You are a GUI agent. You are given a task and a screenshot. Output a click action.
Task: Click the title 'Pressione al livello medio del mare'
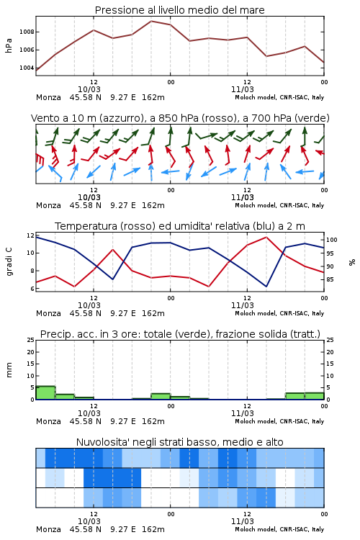[179, 10]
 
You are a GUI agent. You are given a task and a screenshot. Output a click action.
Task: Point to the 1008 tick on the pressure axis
[27, 32]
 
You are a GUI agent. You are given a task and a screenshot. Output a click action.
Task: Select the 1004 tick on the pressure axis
[27, 68]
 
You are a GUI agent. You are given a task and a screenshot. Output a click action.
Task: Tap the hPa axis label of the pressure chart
[9, 45]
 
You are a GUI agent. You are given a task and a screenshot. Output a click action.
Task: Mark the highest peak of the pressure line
[151, 21]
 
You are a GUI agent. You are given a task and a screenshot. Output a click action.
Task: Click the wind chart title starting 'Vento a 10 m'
[180, 118]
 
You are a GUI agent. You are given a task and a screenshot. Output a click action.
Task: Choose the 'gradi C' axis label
[9, 261]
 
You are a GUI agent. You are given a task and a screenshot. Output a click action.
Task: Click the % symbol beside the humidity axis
[352, 262]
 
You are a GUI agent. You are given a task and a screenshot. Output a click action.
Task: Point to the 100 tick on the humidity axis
[332, 240]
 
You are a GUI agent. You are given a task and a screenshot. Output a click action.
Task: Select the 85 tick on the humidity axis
[330, 279]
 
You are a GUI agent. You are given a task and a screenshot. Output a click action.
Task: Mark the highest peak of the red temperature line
[266, 237]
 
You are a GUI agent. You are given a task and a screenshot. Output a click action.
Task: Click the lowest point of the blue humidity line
[266, 287]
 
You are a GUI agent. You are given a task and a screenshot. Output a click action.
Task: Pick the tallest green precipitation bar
[45, 393]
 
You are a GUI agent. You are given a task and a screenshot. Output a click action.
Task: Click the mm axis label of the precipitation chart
[9, 370]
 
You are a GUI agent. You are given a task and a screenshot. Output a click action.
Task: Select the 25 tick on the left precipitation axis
[31, 340]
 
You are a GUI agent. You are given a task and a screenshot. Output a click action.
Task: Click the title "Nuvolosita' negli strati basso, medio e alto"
[179, 442]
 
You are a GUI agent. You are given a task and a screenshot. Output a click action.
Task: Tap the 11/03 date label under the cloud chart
[243, 521]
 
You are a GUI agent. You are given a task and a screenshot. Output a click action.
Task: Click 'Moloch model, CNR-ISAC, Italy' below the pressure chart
[279, 97]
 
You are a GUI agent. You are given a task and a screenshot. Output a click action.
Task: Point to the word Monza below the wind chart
[48, 206]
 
